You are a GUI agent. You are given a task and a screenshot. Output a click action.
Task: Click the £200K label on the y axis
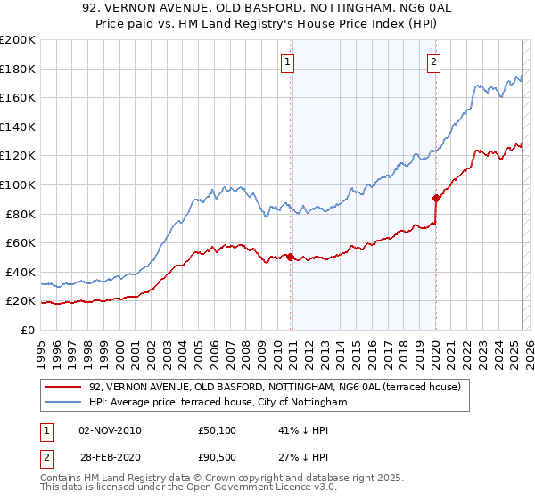[18, 40]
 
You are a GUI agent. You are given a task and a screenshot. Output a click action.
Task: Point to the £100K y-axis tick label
[18, 184]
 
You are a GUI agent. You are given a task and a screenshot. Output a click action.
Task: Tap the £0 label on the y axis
[28, 330]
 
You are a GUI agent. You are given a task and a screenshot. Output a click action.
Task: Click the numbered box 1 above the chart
[289, 61]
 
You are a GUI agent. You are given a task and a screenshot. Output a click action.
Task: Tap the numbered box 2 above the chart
[433, 61]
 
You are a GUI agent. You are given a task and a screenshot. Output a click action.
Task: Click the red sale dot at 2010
[291, 258]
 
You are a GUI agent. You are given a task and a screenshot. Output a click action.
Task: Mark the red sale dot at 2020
[436, 199]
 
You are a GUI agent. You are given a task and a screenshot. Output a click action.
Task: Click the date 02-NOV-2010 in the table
[110, 430]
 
